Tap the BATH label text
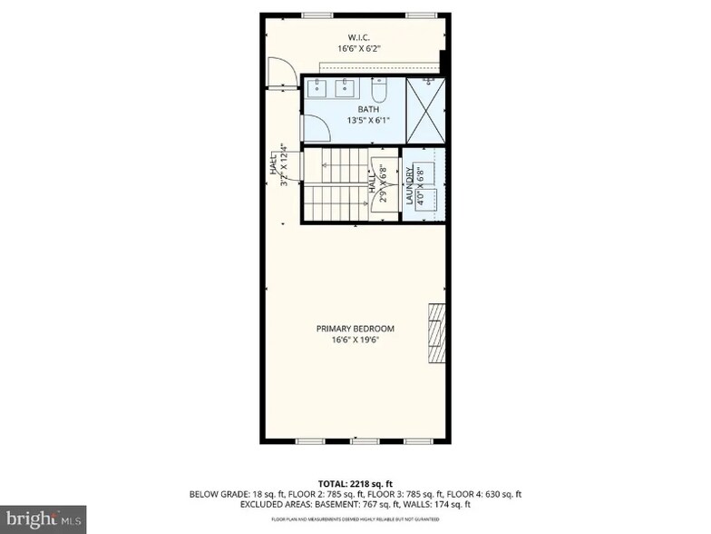pos(355,109)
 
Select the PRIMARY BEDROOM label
pos(355,329)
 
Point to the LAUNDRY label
pos(410,185)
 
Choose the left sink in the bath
pos(319,88)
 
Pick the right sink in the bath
pos(346,88)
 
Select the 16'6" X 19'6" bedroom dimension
pos(355,341)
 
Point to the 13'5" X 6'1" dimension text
pos(355,120)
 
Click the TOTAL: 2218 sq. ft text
pos(355,484)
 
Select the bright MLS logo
pos(44,519)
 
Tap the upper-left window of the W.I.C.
pos(315,15)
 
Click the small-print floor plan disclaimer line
pos(355,520)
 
